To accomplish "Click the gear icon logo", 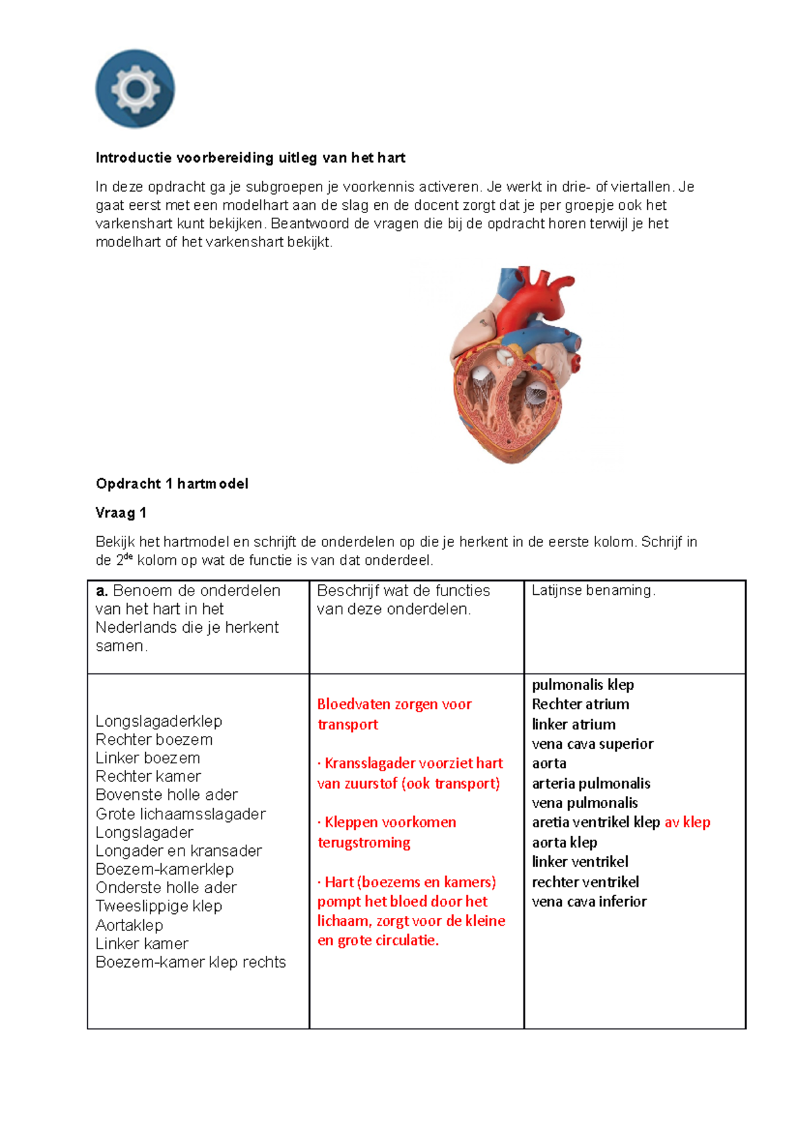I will pos(135,89).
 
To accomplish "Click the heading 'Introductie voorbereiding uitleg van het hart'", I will pos(250,158).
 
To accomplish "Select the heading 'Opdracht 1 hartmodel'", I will pos(172,484).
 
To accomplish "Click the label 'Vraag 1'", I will pos(121,513).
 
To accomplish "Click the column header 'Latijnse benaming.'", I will pos(593,590).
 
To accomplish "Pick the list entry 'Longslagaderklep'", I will pos(158,721).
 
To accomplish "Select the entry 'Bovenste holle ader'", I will pos(166,795).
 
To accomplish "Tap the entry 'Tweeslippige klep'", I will pos(158,906).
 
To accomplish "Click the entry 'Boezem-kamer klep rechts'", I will pos(190,962).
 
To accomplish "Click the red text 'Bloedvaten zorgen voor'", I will pos(394,704).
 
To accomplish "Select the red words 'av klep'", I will pos(687,822).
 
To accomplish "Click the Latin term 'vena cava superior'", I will pos(592,744).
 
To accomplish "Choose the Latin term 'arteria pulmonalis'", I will pos(591,783).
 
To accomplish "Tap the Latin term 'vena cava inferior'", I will pos(589,901).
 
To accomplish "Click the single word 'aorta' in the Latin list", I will pos(549,763).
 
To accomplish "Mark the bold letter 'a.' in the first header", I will pos(102,591).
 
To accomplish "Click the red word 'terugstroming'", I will pos(364,842).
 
